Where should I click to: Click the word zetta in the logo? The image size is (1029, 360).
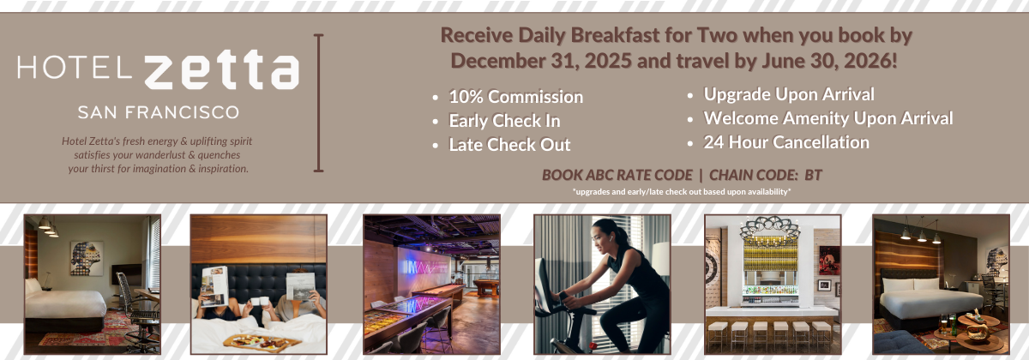tap(222, 69)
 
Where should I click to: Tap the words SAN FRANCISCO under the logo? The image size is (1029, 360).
tap(159, 112)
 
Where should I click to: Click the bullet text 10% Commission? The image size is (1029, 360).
tap(516, 97)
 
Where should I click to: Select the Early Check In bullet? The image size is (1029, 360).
tap(504, 121)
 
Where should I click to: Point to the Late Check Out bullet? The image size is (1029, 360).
tap(509, 145)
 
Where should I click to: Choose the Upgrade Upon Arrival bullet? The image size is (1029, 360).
tap(789, 94)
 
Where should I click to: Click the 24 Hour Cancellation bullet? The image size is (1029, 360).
tap(786, 142)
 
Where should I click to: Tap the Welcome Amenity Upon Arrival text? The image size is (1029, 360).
tap(828, 118)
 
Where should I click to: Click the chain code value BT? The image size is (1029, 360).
tap(813, 175)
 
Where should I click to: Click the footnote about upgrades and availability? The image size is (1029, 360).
tap(682, 191)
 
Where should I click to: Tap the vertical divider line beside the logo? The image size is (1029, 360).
tap(318, 103)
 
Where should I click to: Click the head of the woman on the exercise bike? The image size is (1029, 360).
tap(607, 233)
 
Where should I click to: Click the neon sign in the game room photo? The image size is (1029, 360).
tap(425, 267)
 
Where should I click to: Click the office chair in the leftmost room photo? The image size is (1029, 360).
tap(132, 303)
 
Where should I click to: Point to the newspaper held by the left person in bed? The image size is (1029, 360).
tap(214, 285)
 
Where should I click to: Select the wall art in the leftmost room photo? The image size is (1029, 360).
tap(87, 259)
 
